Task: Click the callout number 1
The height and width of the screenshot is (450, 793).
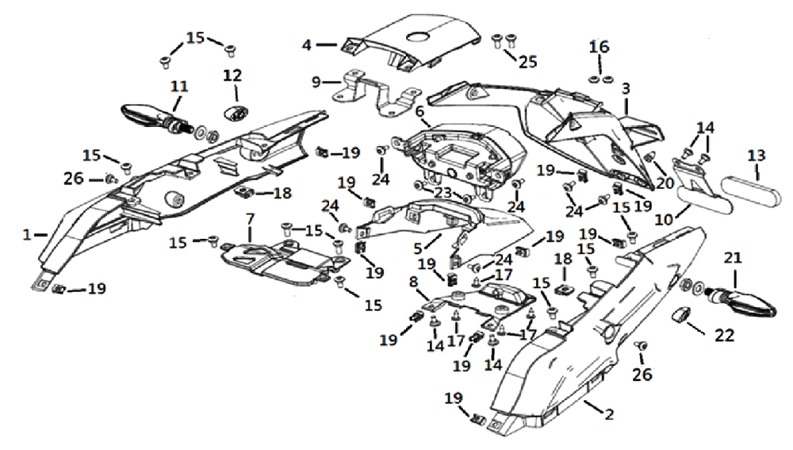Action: [x=27, y=235]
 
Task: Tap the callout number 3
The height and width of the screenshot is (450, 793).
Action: [x=626, y=88]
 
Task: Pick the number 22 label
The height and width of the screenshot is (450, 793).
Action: [x=724, y=336]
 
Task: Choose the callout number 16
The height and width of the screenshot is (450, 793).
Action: [x=600, y=47]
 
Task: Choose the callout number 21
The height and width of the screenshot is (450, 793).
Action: [x=732, y=257]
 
